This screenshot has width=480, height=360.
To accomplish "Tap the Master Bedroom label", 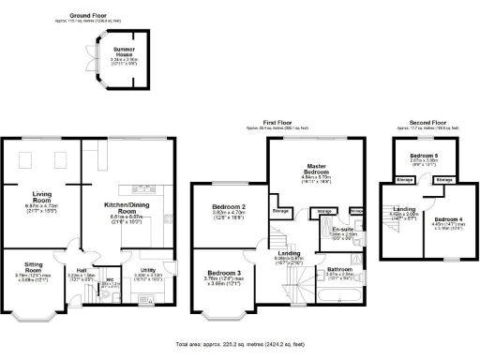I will (316, 170).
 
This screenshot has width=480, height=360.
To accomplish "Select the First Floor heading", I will (286, 122).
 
